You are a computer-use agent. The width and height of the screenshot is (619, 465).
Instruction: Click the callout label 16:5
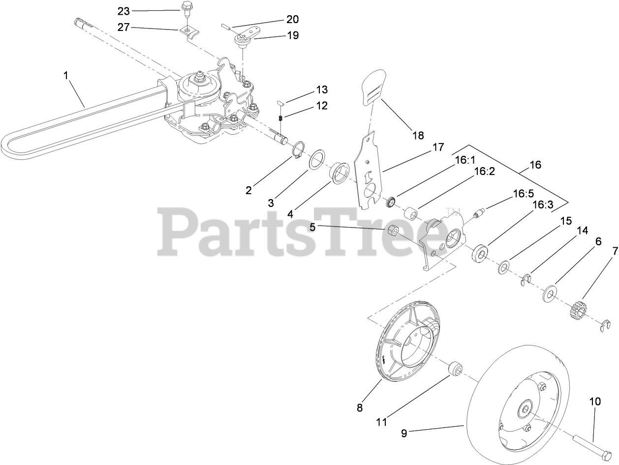(x=523, y=194)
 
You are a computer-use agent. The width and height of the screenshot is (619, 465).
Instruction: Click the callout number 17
(x=437, y=147)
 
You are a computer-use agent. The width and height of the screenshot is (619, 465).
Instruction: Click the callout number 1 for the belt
(x=65, y=76)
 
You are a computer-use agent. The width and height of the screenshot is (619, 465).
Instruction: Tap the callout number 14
(x=582, y=230)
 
